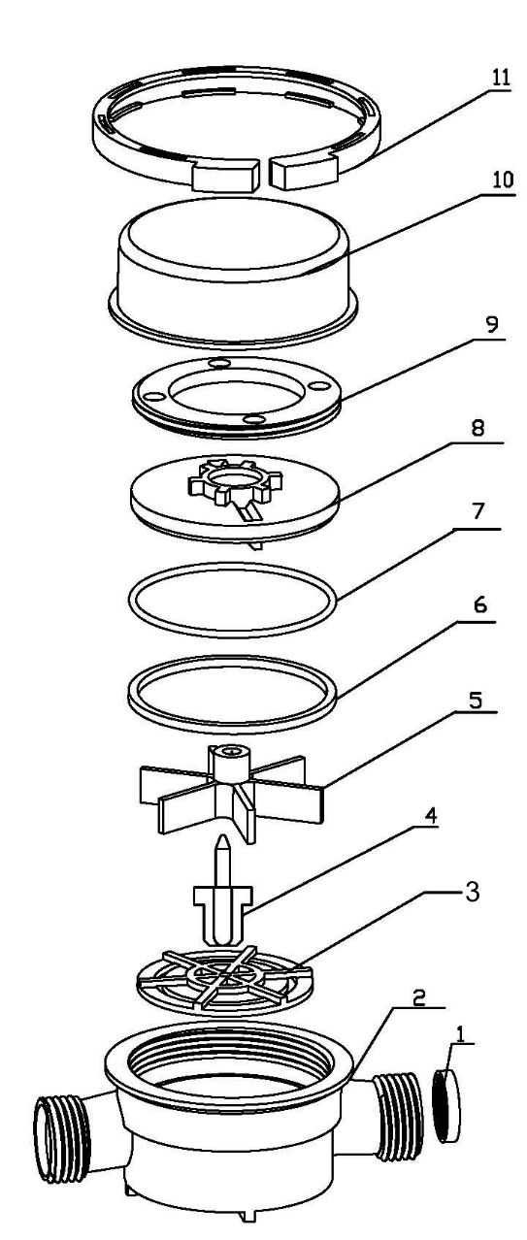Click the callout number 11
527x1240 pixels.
point(501,77)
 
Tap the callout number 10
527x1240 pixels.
point(502,179)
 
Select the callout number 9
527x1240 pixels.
point(491,324)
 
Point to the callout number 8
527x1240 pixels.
point(478,427)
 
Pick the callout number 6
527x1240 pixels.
point(480,605)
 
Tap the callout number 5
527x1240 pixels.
point(476,701)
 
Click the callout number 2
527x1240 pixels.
point(419,997)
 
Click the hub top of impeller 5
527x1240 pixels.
point(228,751)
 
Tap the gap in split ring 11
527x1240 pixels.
point(265,174)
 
